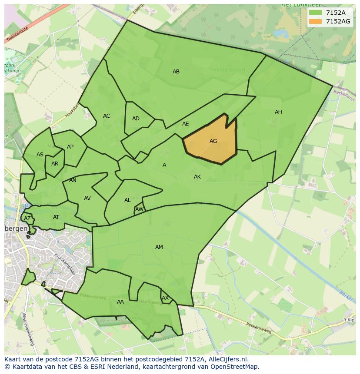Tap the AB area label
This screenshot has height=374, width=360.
[x=176, y=72]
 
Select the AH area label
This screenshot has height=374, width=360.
[x=278, y=112]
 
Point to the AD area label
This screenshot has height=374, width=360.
[x=136, y=119]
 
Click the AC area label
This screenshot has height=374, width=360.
[x=107, y=116]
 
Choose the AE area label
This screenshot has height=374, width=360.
[x=186, y=124]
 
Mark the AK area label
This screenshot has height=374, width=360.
[x=197, y=177]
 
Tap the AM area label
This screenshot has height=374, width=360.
[x=159, y=247]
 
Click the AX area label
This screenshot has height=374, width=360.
[x=165, y=298]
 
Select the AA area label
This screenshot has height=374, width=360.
[x=120, y=302]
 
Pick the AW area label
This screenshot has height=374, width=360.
[x=139, y=209]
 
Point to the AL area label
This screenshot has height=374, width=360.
[x=127, y=200]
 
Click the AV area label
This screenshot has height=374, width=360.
[x=87, y=199]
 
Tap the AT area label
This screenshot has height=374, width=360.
[x=56, y=217]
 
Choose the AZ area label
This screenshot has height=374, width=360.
[x=27, y=218]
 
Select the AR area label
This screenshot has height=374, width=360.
[x=55, y=164]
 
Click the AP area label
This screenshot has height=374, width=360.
[x=70, y=147]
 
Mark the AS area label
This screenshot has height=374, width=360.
[x=40, y=155]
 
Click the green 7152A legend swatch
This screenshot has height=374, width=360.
[x=315, y=13]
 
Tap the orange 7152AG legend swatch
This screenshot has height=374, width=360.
[x=315, y=21]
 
